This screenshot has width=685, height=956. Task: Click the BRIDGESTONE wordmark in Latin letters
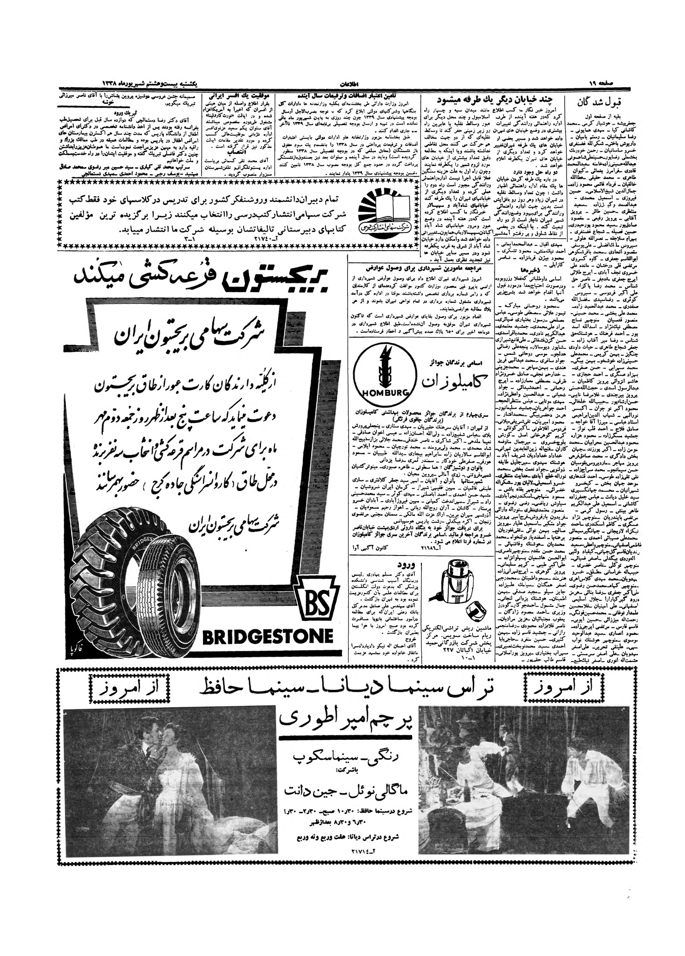(x=268, y=635)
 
